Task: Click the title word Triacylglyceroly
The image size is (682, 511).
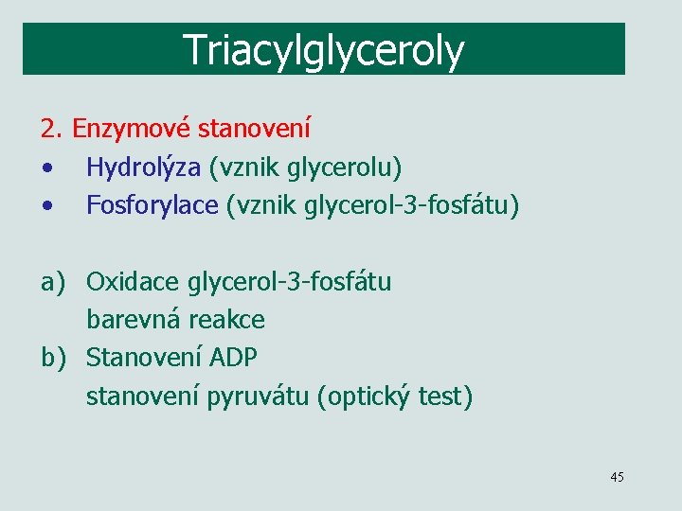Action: [x=324, y=49]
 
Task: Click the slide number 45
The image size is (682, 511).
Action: [x=617, y=477]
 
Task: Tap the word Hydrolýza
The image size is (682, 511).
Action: [x=143, y=167]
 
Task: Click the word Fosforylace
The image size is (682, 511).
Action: [x=152, y=205]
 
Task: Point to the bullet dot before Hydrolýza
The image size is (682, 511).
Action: [x=45, y=169]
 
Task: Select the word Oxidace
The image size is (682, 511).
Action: [x=134, y=282]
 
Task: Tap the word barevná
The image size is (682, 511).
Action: [x=134, y=320]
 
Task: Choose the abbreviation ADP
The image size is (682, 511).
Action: [x=233, y=359]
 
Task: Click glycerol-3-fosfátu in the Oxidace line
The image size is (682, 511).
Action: [x=289, y=282]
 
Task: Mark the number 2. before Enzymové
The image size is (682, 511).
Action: [x=51, y=128]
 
